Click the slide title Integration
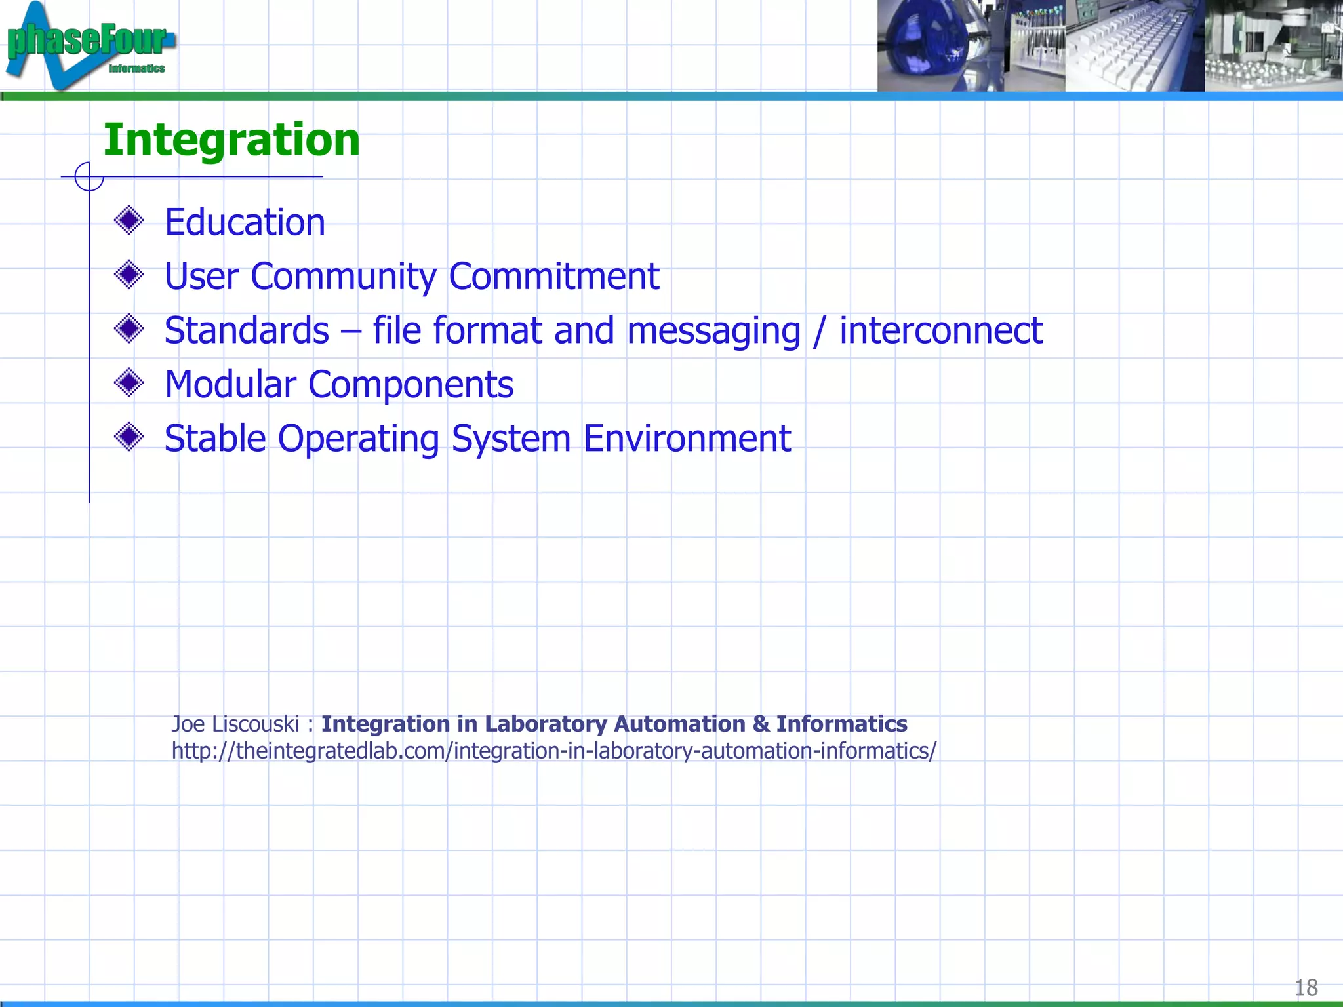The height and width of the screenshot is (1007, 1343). pos(231,140)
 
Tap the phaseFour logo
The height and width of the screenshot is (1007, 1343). pos(89,45)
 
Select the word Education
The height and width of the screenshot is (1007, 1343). pos(245,222)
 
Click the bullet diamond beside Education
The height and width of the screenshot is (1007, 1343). pos(129,220)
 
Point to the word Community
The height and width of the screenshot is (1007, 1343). pos(343,277)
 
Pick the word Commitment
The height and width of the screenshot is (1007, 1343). pos(554,276)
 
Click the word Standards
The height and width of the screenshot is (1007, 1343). pos(247,330)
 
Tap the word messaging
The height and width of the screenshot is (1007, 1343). pos(713,332)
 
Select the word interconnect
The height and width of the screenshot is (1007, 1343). pos(941,330)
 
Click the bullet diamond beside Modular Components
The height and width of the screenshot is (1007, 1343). pos(129,382)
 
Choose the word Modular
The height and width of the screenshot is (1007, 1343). pos(230,384)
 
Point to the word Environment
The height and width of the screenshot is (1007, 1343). pos(687,439)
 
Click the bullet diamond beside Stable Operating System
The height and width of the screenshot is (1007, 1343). pos(129,437)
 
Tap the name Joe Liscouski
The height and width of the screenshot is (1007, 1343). pos(235,724)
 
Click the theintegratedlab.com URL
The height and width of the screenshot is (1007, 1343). pos(554,751)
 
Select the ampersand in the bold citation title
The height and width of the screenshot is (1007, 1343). pos(761,724)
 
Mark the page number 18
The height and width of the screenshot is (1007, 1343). pos(1306,987)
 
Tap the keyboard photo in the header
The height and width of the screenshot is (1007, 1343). pos(1134,46)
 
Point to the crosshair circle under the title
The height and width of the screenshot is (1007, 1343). pos(89,176)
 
